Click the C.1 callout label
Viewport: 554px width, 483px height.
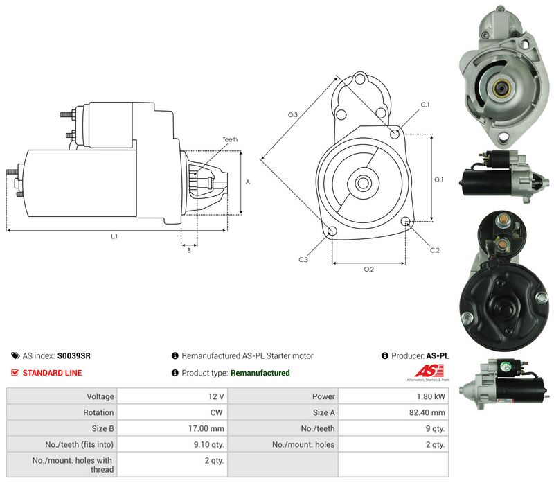pyautogui.click(x=425, y=105)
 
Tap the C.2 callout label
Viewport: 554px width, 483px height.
pyautogui.click(x=435, y=250)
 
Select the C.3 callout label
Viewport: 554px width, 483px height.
pyautogui.click(x=303, y=260)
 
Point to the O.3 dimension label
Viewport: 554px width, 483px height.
pyautogui.click(x=293, y=114)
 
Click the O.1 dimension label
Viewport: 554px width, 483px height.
pyautogui.click(x=438, y=179)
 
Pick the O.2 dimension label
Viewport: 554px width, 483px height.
pyautogui.click(x=369, y=270)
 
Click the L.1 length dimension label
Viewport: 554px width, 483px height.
pyautogui.click(x=114, y=236)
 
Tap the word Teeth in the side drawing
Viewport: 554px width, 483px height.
pyautogui.click(x=230, y=139)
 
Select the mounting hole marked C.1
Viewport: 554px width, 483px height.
pyautogui.click(x=395, y=134)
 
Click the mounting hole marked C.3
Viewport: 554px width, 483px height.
pyautogui.click(x=332, y=231)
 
